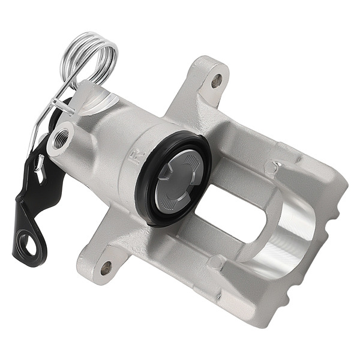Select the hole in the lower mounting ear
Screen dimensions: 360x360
106,267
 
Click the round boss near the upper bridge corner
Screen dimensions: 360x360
273,167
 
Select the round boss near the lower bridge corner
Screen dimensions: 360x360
215,263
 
